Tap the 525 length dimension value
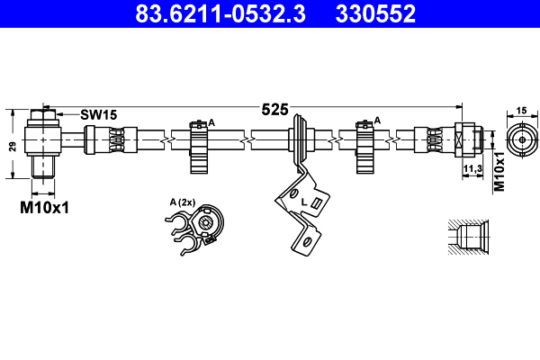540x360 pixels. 274,110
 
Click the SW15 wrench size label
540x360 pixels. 98,114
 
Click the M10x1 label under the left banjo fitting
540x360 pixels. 45,208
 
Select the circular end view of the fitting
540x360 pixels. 520,139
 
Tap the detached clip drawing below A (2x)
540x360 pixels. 197,229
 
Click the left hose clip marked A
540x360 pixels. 199,144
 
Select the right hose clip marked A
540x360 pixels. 364,144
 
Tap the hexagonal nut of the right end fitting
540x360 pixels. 465,139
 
